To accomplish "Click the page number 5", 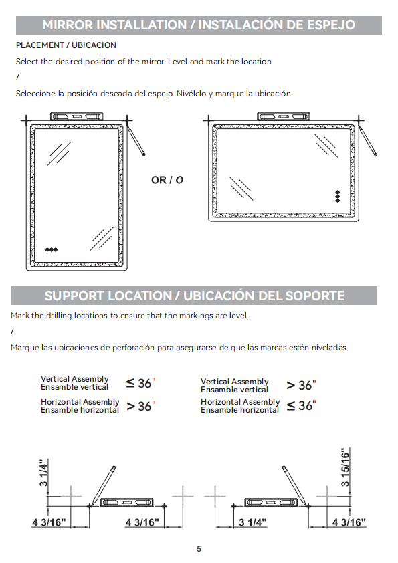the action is pos(199,549).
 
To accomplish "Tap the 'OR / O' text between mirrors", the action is pos(167,180).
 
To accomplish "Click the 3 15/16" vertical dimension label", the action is pos(345,467).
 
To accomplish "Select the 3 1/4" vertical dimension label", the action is pos(43,473).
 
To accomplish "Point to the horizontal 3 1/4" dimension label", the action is pos(253,522).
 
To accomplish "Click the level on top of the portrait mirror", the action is pos(76,116).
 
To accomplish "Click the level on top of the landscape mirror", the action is pos(284,116).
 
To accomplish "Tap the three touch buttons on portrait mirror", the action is pos(52,249).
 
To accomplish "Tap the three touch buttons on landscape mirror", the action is pos(338,196).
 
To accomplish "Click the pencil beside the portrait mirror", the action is pos(136,140).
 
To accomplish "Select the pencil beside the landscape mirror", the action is pos(368,140).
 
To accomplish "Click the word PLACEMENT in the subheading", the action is pos(40,45).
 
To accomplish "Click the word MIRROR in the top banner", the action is pos(68,25).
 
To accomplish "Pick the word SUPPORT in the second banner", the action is pos(74,296).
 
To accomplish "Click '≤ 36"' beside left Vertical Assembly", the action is pos(141,383).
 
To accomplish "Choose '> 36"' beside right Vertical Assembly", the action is pos(301,385).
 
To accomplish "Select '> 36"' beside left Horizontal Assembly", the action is pos(141,406).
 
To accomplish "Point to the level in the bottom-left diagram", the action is pos(127,502).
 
